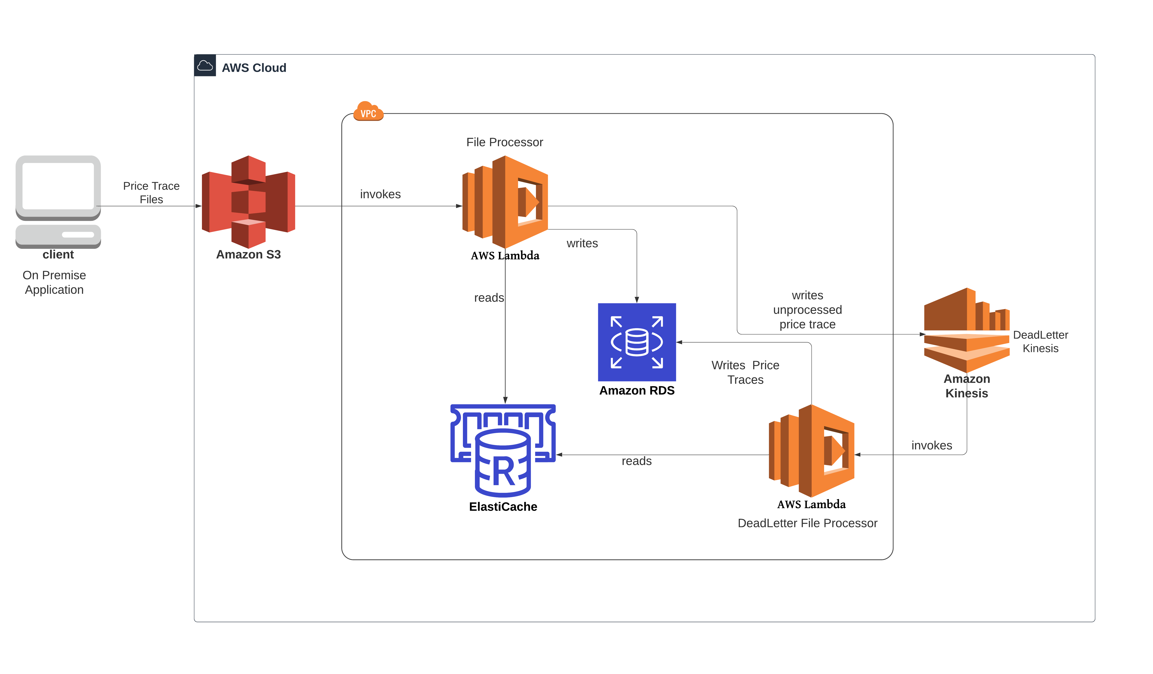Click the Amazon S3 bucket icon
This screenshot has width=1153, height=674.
[x=249, y=202]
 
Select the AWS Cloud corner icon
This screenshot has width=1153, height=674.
[x=205, y=66]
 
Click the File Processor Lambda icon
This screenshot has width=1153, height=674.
[x=505, y=202]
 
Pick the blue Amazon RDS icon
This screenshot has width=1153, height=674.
[x=637, y=342]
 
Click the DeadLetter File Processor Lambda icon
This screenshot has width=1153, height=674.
[x=811, y=451]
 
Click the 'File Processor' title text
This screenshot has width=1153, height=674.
[x=505, y=142]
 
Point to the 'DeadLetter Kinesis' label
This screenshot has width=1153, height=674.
[x=1041, y=342]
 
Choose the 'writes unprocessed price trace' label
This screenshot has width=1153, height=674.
[x=808, y=310]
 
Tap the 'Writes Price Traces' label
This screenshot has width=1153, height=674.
[x=745, y=372]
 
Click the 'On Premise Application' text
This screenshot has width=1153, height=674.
[x=54, y=283]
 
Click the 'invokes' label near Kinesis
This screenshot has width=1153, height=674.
[x=932, y=446]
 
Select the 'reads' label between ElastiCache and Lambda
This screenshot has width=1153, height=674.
[x=636, y=461]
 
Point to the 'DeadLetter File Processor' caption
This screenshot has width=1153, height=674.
[x=808, y=523]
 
